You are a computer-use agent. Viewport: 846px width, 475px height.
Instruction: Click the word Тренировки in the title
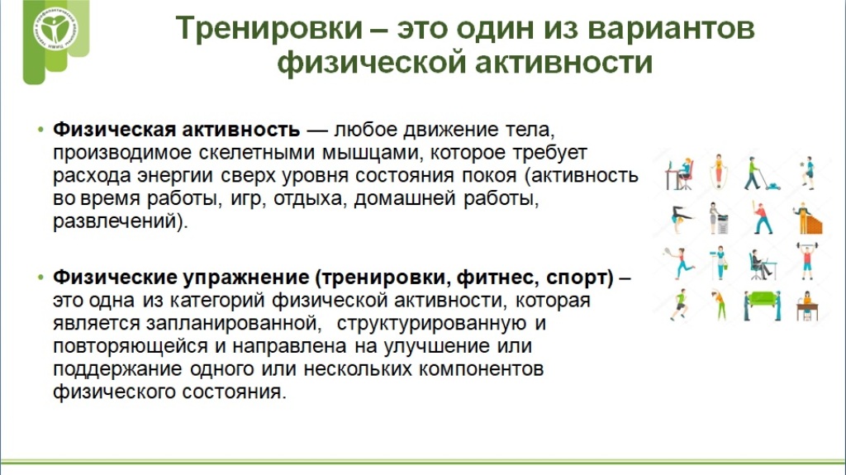coord(269,27)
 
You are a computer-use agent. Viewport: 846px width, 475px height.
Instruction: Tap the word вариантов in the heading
coord(671,28)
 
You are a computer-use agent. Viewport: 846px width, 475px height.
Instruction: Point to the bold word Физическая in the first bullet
coord(114,130)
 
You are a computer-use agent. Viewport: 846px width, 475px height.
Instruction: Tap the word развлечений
coord(115,221)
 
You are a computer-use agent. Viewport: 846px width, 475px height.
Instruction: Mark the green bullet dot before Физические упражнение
coord(40,278)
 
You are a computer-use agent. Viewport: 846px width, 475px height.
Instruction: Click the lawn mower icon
coord(762,173)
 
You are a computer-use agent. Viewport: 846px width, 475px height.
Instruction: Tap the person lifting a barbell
coord(807,261)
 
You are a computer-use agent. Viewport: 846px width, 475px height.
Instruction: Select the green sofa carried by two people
coord(762,306)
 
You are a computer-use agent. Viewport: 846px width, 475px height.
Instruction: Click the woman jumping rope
coord(718,172)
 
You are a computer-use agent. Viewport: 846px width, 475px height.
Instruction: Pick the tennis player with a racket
coord(680,262)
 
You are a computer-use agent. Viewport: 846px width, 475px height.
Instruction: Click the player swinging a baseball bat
coord(763,217)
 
